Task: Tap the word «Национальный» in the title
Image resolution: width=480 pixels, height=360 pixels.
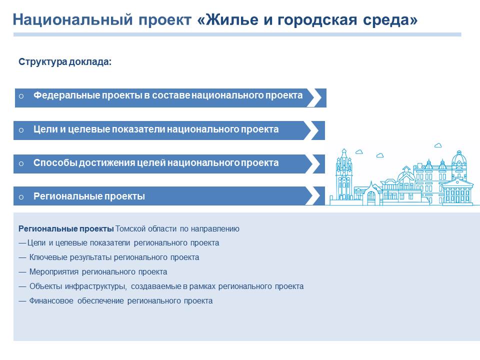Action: coord(73,19)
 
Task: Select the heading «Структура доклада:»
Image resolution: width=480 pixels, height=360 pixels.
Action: coord(65,62)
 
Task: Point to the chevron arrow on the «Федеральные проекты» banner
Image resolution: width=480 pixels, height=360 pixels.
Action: coord(314,98)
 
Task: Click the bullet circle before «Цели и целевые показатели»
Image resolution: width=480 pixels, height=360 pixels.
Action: coord(21,130)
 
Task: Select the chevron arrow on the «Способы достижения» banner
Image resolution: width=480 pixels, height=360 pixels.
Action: coord(313,164)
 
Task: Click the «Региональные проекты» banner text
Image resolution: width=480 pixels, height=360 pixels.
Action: coord(89,196)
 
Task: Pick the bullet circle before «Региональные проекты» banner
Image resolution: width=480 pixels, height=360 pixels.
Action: coord(21,197)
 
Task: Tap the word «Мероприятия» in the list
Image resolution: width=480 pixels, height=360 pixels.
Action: coord(54,272)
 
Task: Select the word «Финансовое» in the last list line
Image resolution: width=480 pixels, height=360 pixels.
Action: coord(51,301)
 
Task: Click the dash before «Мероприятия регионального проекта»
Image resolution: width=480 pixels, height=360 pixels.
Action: coord(22,272)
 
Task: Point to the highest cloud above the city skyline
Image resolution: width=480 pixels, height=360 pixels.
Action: coord(438,145)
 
